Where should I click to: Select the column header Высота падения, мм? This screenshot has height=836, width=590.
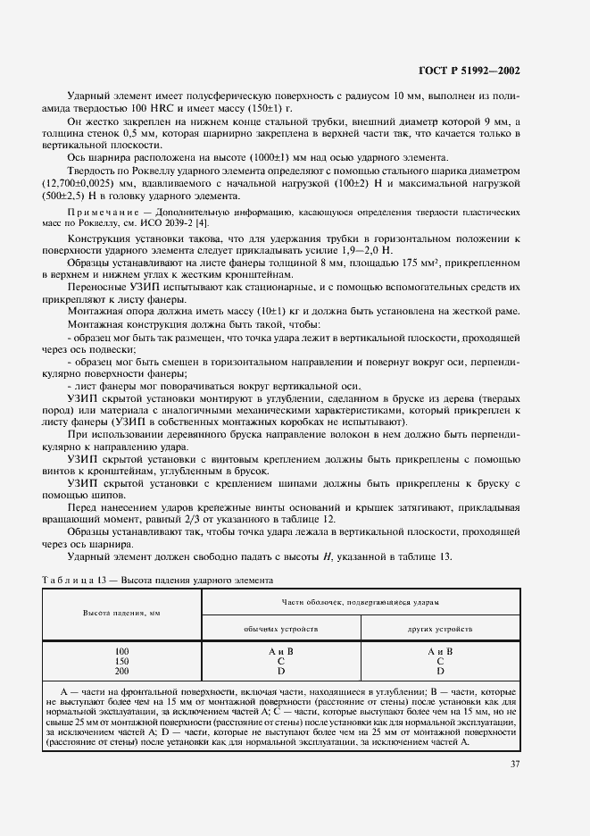tap(122, 614)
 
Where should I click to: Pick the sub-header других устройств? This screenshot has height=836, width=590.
tap(440, 629)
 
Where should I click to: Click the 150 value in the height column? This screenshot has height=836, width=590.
tap(122, 661)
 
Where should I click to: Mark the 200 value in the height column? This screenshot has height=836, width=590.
tap(122, 671)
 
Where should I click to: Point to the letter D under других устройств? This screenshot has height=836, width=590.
tap(440, 671)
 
